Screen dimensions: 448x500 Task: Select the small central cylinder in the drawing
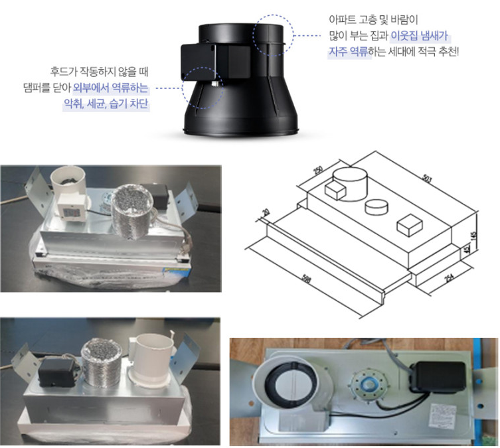[x=377, y=208]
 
